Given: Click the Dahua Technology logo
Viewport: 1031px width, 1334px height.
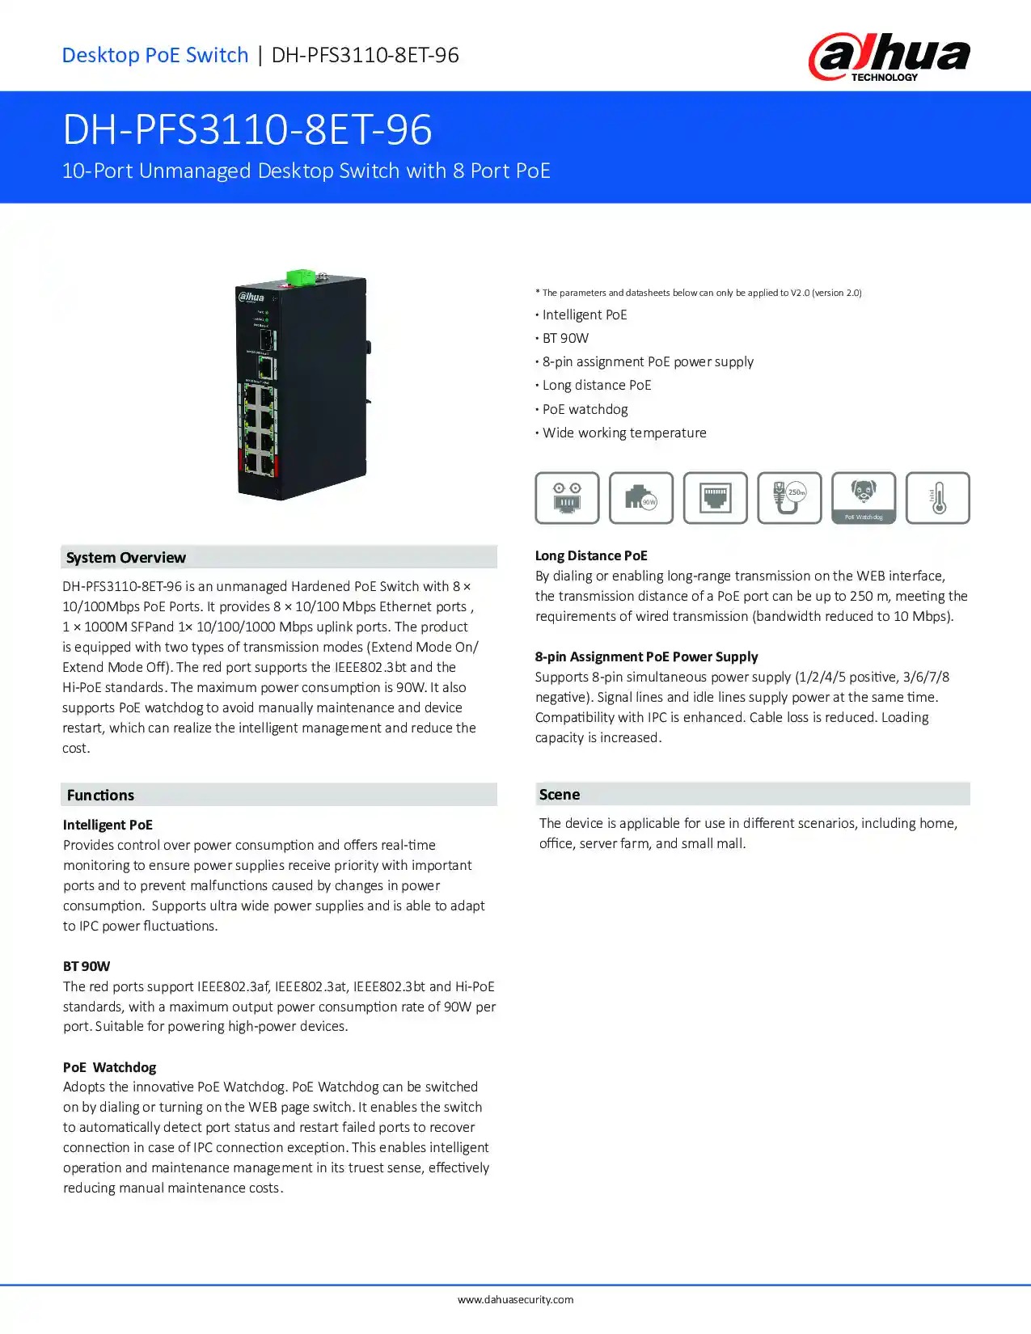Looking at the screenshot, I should (889, 57).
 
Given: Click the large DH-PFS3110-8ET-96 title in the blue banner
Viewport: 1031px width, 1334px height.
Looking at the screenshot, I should (247, 129).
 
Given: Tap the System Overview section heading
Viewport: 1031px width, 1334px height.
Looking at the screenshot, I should (126, 557).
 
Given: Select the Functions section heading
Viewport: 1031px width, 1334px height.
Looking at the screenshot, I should (100, 795).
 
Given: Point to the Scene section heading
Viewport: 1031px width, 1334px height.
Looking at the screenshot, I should (560, 794).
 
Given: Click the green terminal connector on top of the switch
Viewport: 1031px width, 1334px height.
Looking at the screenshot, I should (300, 277).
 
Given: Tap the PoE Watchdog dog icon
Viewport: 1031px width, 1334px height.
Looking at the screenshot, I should (864, 497).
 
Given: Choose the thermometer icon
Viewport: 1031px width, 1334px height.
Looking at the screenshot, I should (938, 498).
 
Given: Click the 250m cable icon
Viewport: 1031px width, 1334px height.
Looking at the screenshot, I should (789, 498).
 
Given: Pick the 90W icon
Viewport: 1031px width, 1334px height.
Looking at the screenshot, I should (641, 498).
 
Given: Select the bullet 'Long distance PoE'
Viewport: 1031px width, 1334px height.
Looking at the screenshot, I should (597, 385).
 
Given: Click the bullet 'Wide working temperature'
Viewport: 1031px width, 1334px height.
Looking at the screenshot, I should (624, 433).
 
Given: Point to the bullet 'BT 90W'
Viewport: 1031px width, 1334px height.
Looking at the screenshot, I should (565, 338).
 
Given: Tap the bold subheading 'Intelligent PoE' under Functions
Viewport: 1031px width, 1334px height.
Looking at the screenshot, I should (108, 825).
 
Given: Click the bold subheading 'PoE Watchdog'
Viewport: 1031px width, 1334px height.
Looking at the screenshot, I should (110, 1067).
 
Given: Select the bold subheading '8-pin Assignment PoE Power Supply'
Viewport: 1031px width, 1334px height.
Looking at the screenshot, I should (646, 656).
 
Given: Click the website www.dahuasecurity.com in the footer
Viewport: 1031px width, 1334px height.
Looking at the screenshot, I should (515, 1299).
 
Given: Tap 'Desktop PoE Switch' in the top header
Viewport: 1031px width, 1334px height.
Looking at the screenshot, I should (155, 55).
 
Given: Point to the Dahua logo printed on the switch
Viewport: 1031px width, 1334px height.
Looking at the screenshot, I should (251, 297).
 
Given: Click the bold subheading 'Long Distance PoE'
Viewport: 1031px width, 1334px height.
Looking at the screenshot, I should (591, 555).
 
